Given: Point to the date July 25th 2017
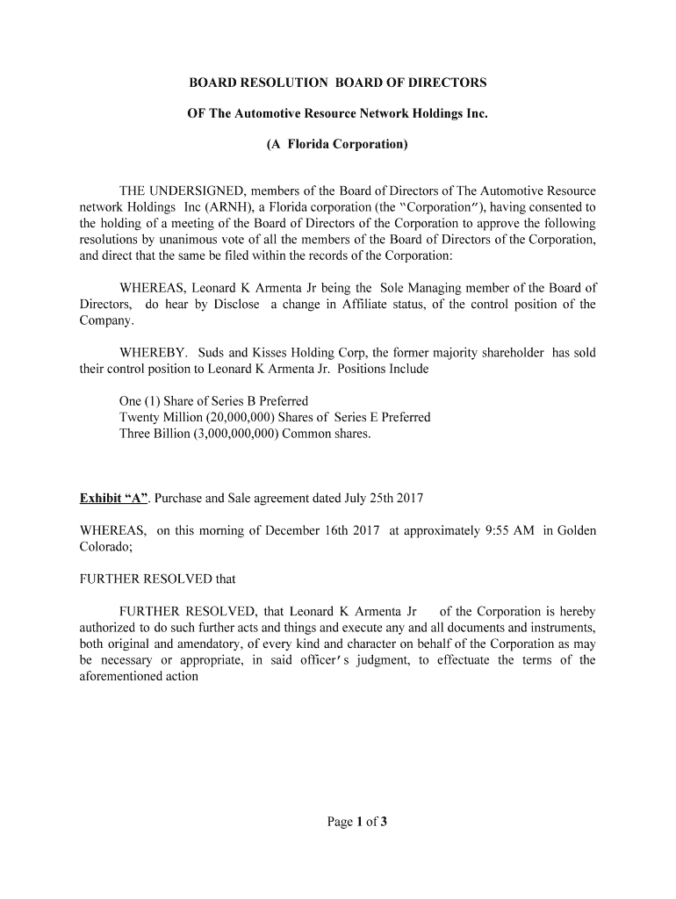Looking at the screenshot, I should click(379, 499).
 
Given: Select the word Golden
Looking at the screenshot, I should click(577, 531).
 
